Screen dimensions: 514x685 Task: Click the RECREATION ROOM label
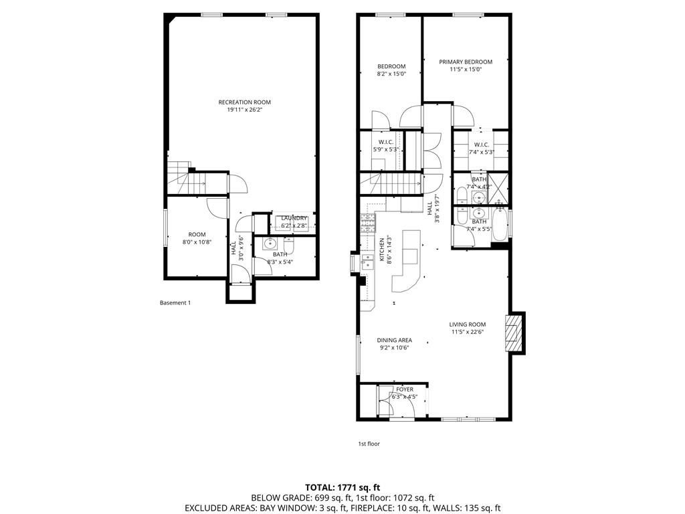(244, 102)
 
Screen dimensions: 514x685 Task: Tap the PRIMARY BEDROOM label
(465, 62)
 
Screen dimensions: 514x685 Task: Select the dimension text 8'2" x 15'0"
(391, 74)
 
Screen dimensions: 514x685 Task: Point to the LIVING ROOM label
(467, 325)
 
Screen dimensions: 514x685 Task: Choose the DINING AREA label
(394, 340)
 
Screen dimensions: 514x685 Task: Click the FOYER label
(405, 390)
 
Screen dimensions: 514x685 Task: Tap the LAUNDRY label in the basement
(294, 218)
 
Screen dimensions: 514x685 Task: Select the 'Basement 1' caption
(175, 303)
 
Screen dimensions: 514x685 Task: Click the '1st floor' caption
(369, 443)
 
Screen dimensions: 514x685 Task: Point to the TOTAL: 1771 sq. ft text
(342, 487)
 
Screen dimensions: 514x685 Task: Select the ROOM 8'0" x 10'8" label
(196, 238)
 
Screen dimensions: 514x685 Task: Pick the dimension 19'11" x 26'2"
(244, 110)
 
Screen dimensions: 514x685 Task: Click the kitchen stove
(367, 222)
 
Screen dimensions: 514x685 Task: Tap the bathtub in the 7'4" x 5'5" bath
(499, 224)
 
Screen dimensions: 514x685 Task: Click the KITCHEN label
(382, 248)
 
